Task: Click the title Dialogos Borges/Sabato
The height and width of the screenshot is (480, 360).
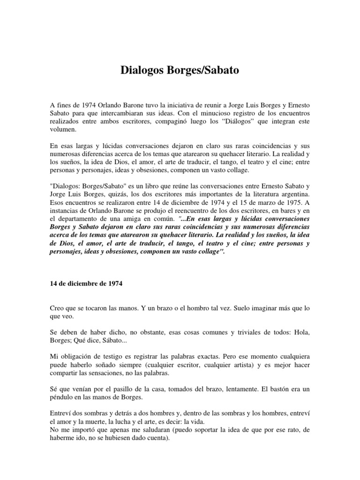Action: pos(180,71)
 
